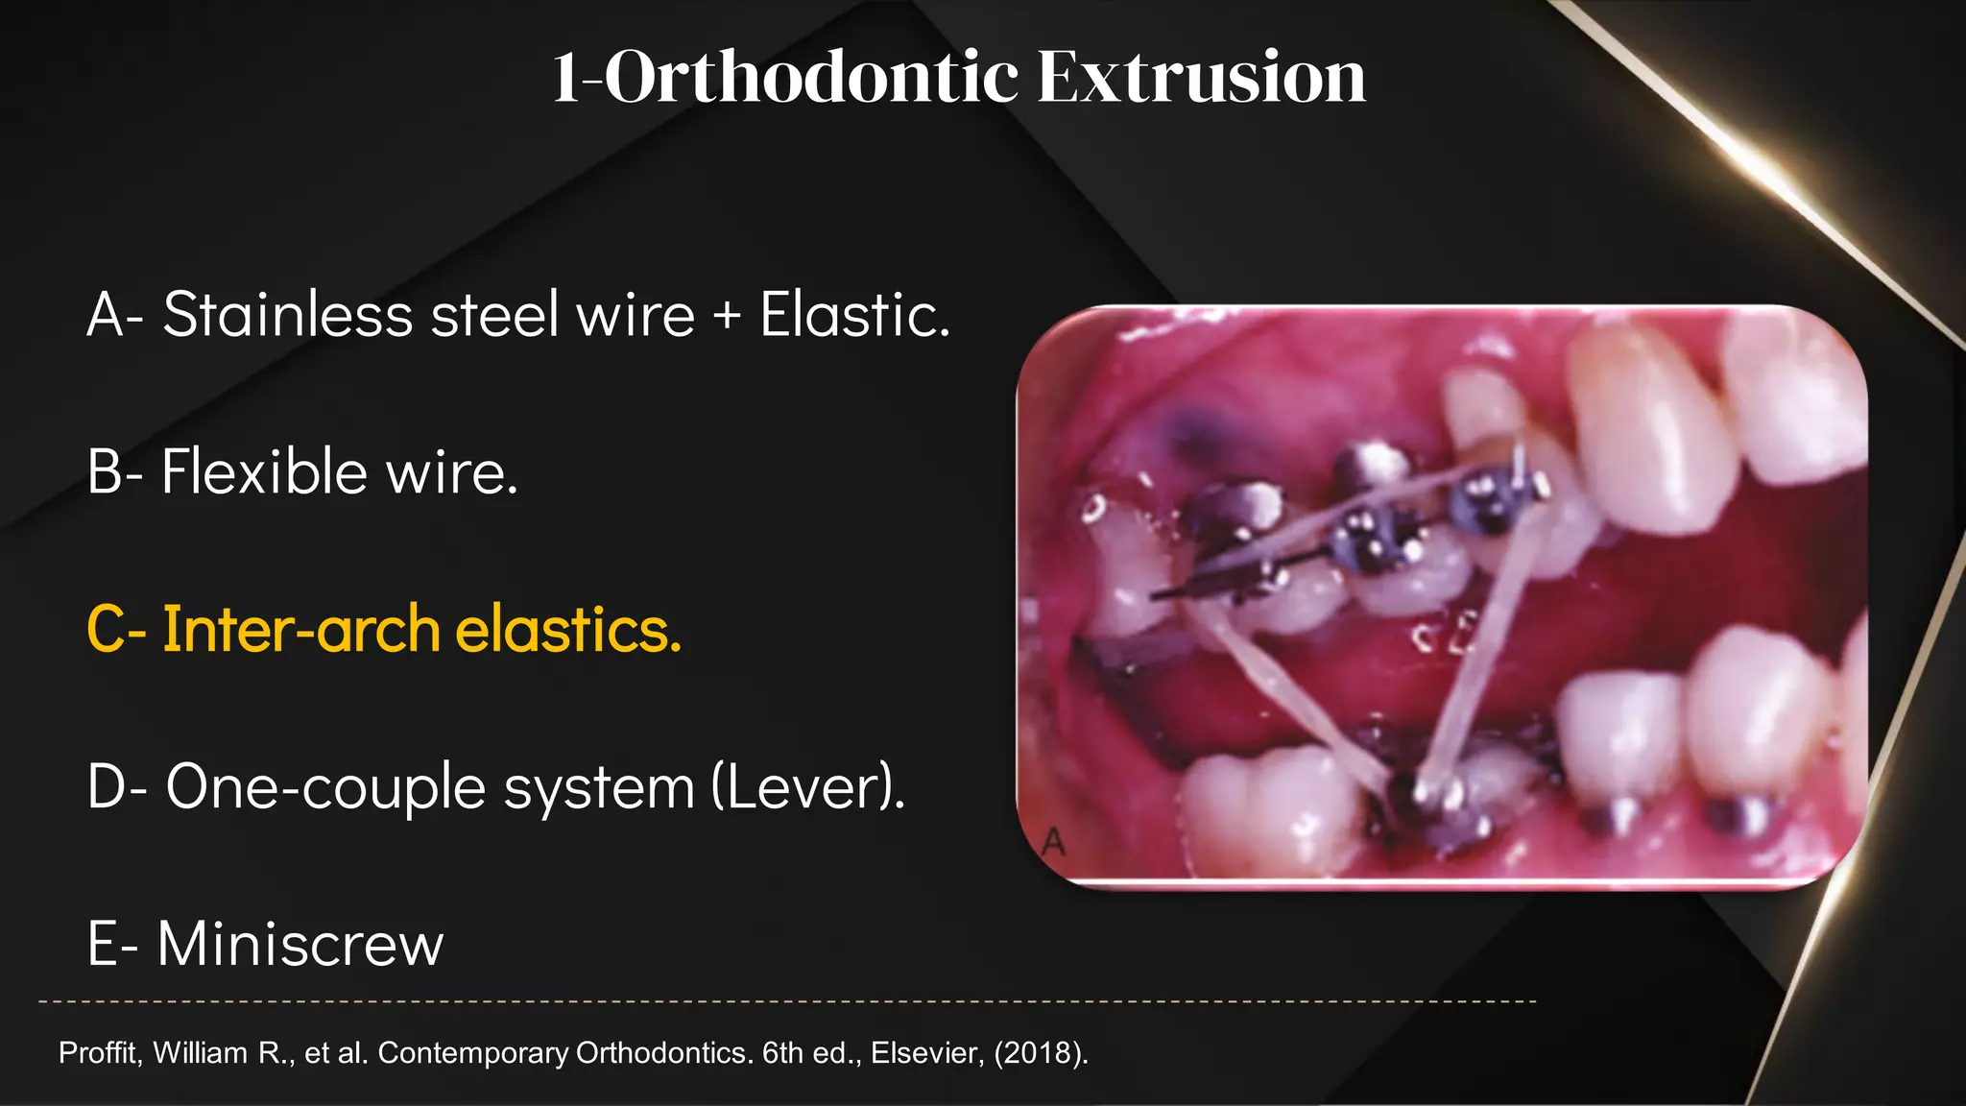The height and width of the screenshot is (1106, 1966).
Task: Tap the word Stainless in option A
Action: pyautogui.click(x=287, y=315)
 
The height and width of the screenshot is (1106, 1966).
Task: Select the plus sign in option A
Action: pyautogui.click(x=728, y=317)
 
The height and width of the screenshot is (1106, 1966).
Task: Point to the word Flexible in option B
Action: pyautogui.click(x=264, y=472)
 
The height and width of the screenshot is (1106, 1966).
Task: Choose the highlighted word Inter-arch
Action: pyautogui.click(x=301, y=630)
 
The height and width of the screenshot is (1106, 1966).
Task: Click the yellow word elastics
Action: pyautogui.click(x=567, y=630)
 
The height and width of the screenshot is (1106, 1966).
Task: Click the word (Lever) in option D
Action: pyautogui.click(x=808, y=787)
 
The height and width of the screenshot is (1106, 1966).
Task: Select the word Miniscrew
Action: pyautogui.click(x=300, y=944)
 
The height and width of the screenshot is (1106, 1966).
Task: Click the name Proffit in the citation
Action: pyautogui.click(x=100, y=1053)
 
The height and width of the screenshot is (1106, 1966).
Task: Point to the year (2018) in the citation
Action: pyautogui.click(x=1041, y=1053)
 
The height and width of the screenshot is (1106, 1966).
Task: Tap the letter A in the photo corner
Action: pyautogui.click(x=1053, y=843)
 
